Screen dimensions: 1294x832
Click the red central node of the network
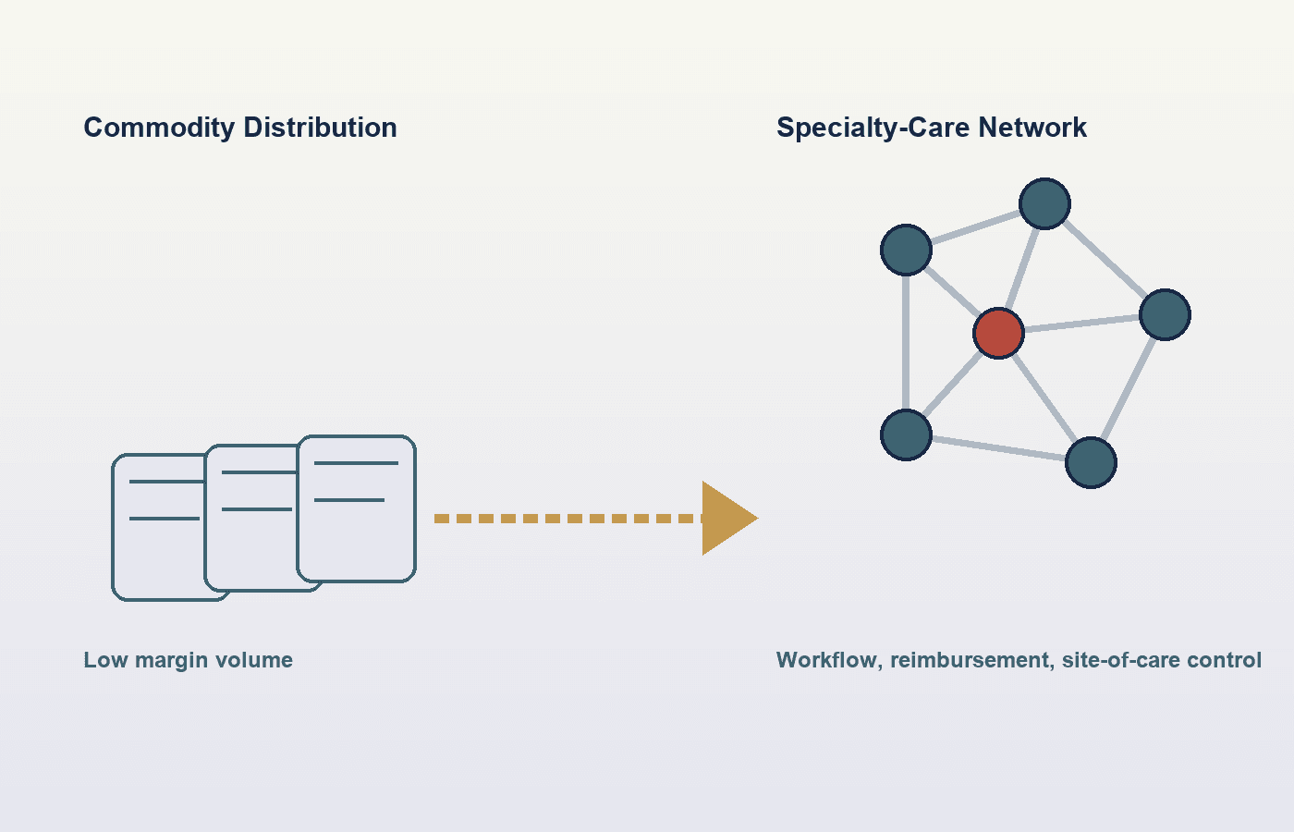coord(998,334)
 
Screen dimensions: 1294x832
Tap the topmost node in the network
coord(1044,204)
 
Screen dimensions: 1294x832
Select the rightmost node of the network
coord(1165,315)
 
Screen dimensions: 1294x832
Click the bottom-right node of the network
coord(1091,463)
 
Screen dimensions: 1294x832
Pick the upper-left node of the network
coord(906,251)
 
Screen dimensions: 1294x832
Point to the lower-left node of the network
coord(906,435)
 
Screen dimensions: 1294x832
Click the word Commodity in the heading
coord(159,128)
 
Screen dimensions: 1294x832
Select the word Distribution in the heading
coord(320,128)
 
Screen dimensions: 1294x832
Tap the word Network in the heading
coord(1032,128)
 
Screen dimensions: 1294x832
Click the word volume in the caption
coord(253,660)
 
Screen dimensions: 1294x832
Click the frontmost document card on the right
coord(357,508)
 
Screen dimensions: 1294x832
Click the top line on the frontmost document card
coord(357,463)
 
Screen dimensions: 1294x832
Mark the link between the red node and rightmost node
coord(1081,324)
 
